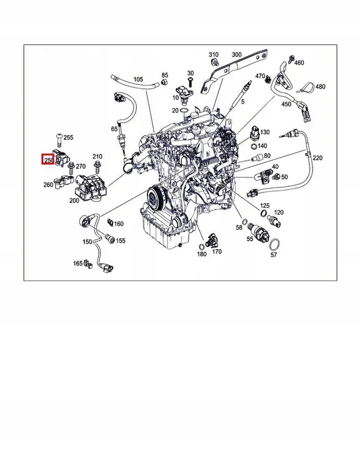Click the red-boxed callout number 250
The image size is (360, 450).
47,161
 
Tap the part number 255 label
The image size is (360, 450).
68,137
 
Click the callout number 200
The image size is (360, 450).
74,201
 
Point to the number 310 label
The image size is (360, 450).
213,54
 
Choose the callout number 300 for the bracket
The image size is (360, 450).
236,54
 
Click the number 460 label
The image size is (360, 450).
299,62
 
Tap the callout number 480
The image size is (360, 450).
319,86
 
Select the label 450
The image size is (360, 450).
286,104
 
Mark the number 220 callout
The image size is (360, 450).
317,158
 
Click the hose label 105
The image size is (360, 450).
138,79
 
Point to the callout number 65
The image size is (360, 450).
114,129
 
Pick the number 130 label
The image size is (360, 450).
264,132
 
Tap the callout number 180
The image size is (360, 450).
201,254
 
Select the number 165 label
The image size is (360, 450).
78,264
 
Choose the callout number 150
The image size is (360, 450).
87,240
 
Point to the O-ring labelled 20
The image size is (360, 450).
183,111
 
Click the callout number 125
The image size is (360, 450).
264,206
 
